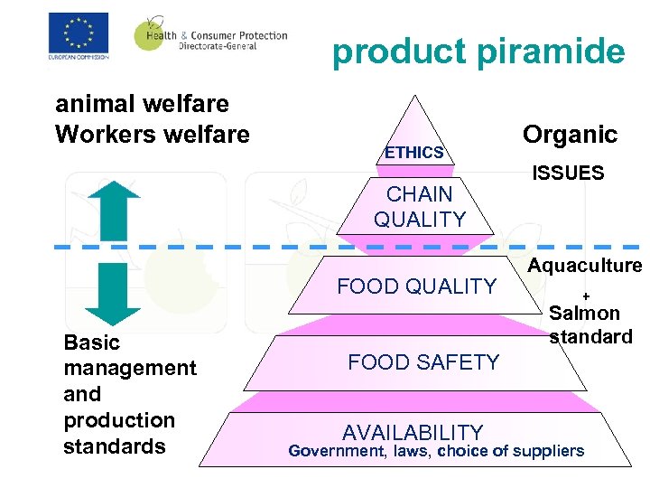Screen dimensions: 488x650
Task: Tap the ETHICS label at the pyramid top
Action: coord(413,153)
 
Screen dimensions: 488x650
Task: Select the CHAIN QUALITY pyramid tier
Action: coord(420,206)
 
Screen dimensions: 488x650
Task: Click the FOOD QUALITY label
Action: coord(416,286)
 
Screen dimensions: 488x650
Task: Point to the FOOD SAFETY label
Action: coord(423,362)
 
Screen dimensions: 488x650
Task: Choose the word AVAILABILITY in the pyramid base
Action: coord(413,433)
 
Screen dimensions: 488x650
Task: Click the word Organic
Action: coord(570,135)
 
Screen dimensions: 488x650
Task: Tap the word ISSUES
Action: coord(568,174)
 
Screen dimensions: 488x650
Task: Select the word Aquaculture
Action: coord(585,266)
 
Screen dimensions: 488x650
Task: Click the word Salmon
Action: coord(585,314)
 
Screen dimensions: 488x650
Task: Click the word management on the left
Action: coord(130,368)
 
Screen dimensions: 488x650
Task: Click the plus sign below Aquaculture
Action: coord(585,296)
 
